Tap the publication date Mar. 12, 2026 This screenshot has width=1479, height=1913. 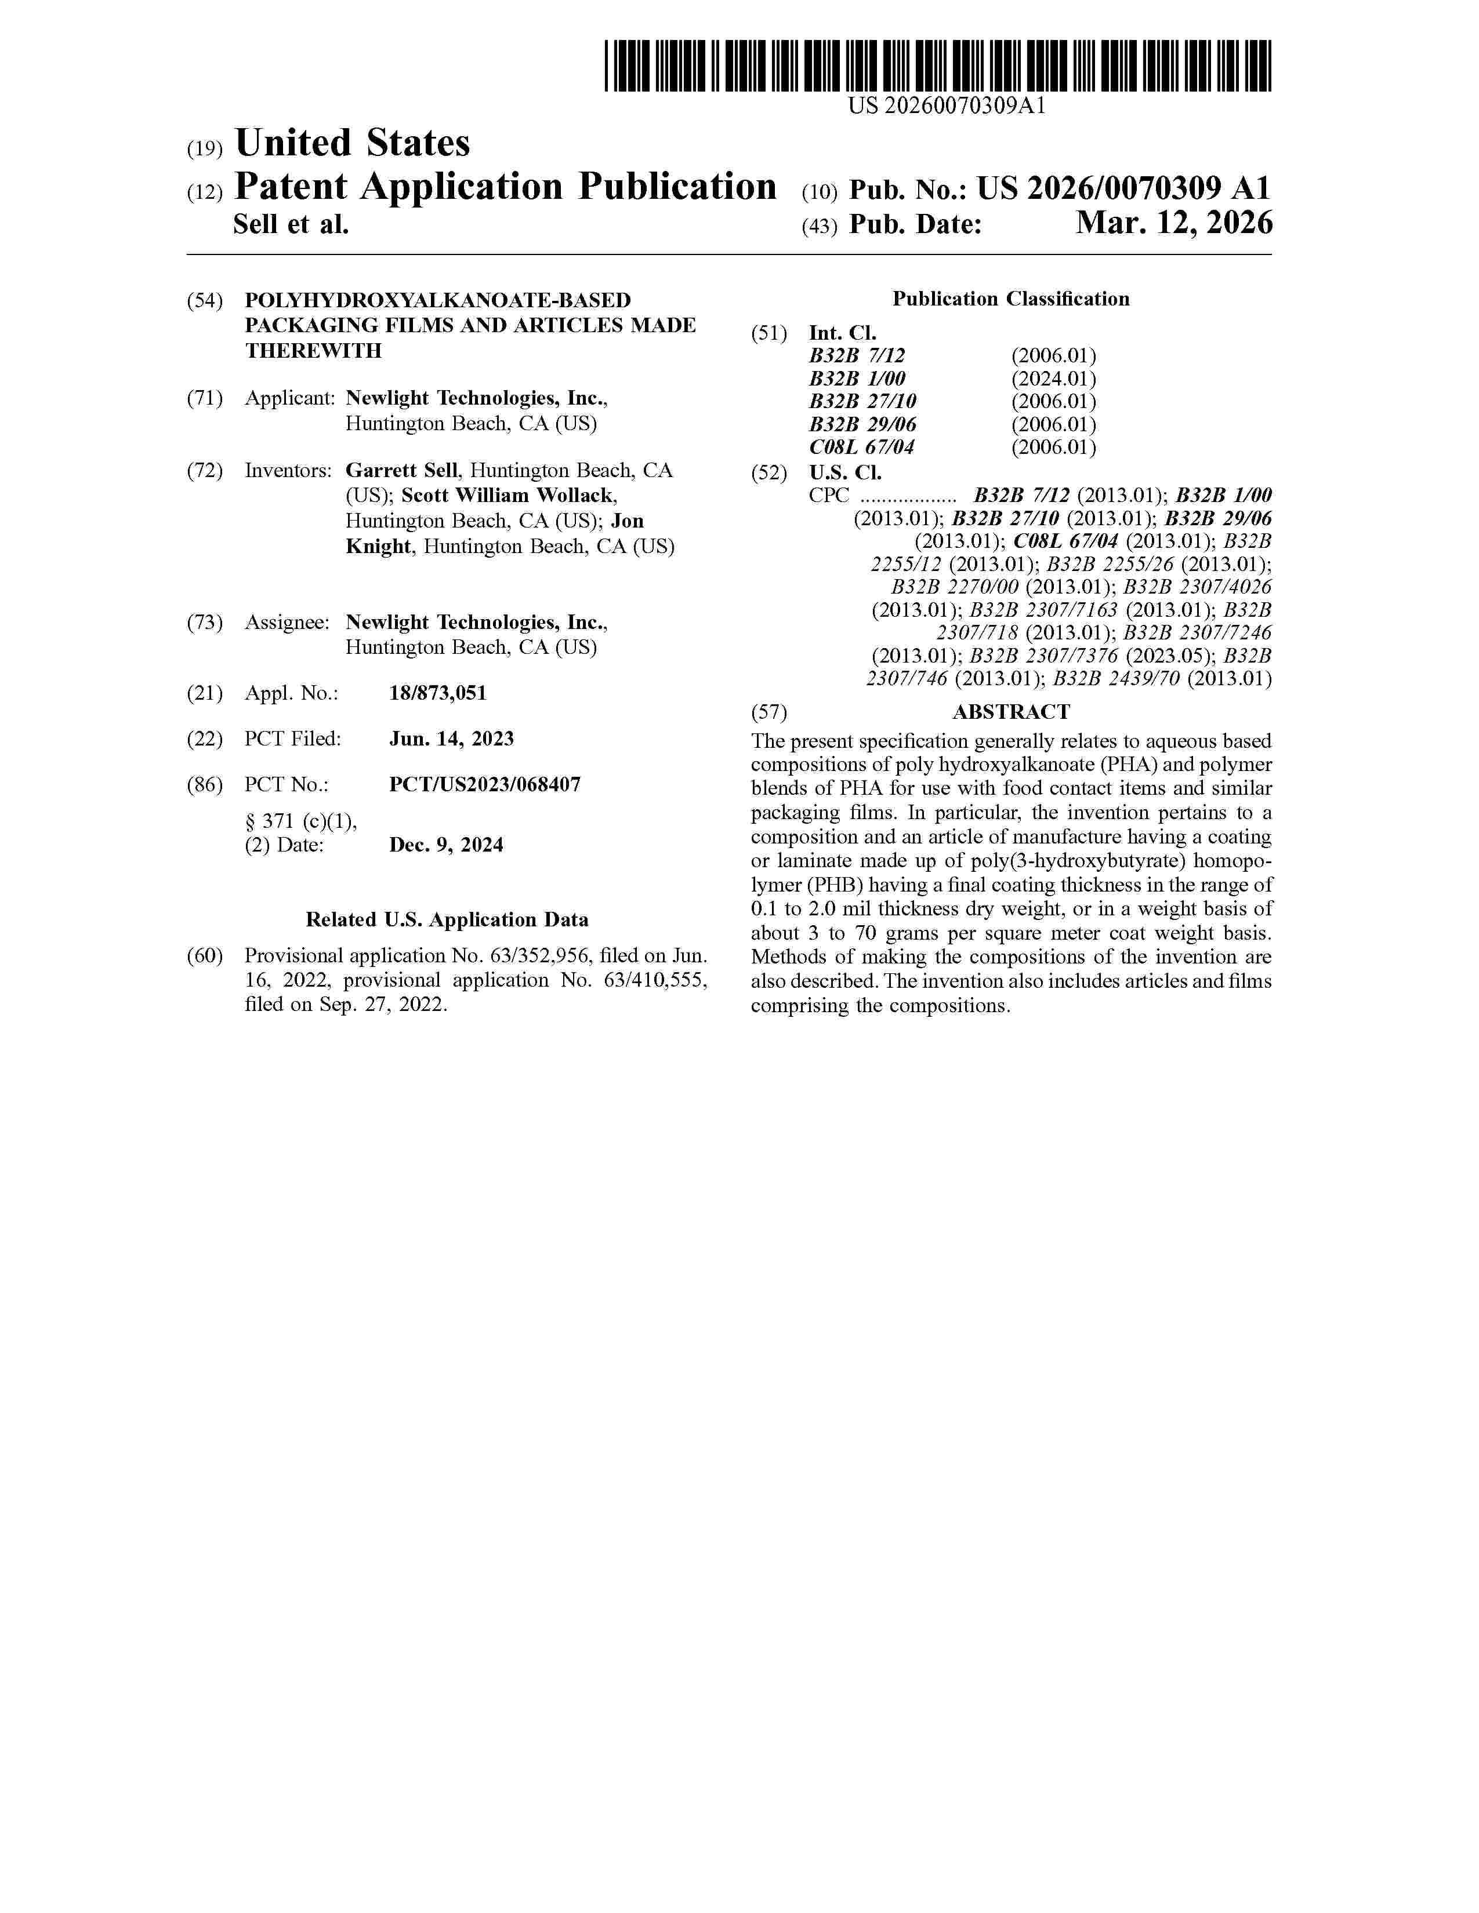(x=1173, y=224)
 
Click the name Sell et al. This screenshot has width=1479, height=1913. (x=291, y=225)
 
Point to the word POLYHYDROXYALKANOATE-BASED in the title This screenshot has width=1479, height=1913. (x=437, y=300)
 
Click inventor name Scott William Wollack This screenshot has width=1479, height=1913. (x=508, y=496)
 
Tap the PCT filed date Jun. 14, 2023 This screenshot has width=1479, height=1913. (x=451, y=739)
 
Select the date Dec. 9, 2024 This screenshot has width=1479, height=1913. (x=446, y=845)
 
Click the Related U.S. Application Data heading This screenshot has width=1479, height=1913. (x=447, y=920)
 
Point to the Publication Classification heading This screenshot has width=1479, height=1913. (x=1010, y=300)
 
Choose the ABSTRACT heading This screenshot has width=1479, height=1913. (x=1011, y=712)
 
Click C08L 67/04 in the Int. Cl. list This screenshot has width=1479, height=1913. (x=861, y=448)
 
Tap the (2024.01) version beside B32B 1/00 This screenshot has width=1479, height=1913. (x=1053, y=379)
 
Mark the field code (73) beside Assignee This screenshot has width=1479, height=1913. (x=205, y=623)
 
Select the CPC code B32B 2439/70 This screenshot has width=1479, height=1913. (x=1116, y=678)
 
